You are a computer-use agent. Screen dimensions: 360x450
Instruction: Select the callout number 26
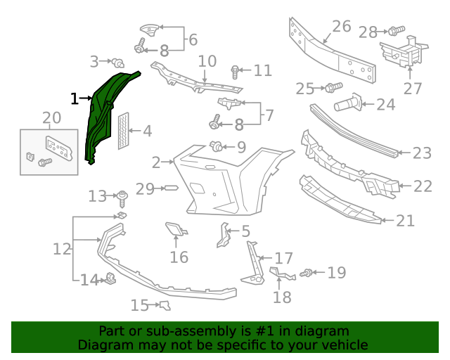tap(341, 27)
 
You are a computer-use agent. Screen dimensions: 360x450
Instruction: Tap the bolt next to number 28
tap(396, 31)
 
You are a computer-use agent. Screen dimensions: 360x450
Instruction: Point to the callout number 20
tap(51, 117)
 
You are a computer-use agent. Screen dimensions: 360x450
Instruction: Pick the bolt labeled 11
tap(236, 70)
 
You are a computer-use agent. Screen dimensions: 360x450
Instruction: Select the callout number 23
tap(421, 153)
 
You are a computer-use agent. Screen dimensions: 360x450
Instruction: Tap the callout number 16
tap(179, 257)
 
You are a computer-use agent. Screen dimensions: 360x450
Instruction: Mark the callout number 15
tap(140, 305)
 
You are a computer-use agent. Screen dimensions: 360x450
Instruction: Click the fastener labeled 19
tap(307, 273)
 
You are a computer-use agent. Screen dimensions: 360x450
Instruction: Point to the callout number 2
tap(156, 163)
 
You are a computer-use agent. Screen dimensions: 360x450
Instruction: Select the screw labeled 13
tap(122, 196)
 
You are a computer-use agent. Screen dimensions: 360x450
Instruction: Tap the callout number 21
tap(405, 221)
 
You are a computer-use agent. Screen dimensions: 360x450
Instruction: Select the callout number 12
tap(62, 249)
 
